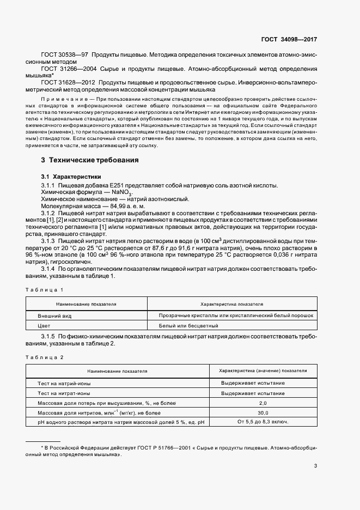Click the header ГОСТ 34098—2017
tap(289, 40)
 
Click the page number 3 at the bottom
tap(315, 466)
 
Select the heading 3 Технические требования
tap(86, 161)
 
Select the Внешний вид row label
tap(55, 315)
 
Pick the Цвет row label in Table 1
tap(44, 326)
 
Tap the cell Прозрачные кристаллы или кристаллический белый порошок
tap(236, 315)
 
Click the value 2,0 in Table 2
tap(263, 402)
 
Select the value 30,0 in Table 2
tap(263, 412)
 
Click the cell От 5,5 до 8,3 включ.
tap(263, 422)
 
